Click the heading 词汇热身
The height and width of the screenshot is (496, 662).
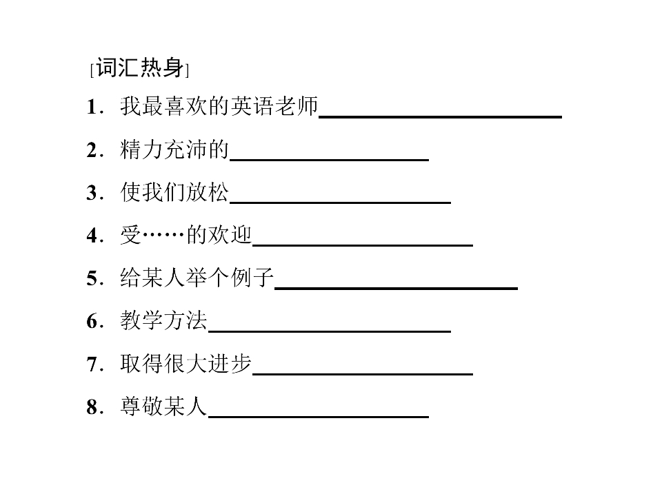coord(140,68)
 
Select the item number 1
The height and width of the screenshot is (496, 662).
coord(92,106)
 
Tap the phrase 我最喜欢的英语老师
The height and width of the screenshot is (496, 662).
coord(219,106)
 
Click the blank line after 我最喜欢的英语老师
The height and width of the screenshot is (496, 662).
coord(440,117)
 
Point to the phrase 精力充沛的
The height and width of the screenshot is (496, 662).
coord(174,149)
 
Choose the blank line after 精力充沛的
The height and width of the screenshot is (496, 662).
coord(329,160)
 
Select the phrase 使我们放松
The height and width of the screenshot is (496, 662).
coord(174,192)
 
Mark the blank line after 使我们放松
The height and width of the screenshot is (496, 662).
coord(340,203)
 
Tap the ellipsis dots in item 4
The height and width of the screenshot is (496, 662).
coord(163,235)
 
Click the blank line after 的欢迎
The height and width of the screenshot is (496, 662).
coord(362,245)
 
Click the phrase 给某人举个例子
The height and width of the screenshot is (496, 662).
coord(197,278)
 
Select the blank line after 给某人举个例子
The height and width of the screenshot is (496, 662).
coord(396,289)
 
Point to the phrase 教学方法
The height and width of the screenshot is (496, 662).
coord(164,320)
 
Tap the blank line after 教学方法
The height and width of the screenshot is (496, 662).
coord(330,331)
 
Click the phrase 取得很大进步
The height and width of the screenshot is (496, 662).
coord(185,364)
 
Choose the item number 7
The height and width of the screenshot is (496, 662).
coord(92,364)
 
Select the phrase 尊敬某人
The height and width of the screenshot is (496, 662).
coord(163,406)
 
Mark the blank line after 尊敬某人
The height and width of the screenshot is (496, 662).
coord(319,417)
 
